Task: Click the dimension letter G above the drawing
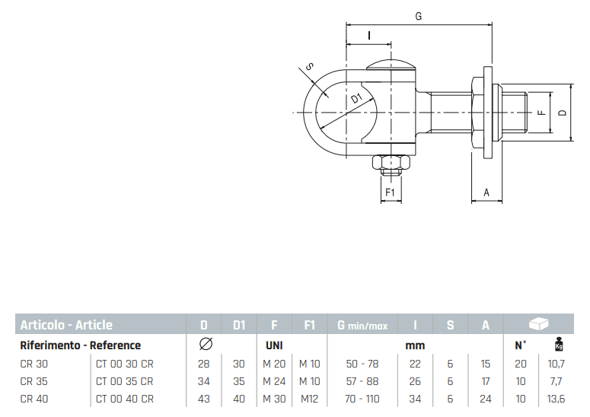point(419,15)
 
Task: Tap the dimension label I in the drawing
point(368,35)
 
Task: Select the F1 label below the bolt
point(390,193)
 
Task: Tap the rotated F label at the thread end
point(540,113)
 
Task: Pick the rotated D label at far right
point(561,113)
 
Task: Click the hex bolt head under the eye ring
point(390,163)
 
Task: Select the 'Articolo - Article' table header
point(66,325)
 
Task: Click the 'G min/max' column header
point(362,325)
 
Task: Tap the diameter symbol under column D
point(205,345)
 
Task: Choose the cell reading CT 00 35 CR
point(125,380)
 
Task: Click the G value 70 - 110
point(362,398)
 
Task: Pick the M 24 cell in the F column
point(274,380)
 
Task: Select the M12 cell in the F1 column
point(309,398)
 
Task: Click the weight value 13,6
point(557,398)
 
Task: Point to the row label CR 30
point(34,363)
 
